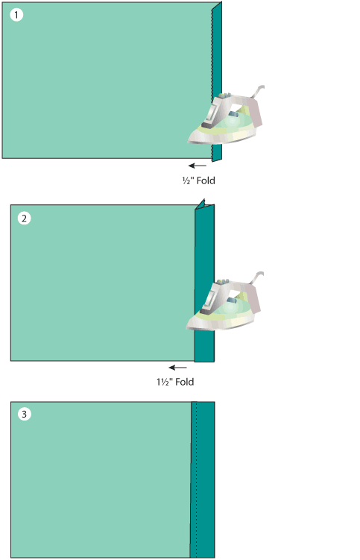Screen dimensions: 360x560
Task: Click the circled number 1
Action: click(x=16, y=15)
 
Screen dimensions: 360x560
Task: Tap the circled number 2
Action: click(x=25, y=218)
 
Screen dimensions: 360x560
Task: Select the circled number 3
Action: click(x=25, y=415)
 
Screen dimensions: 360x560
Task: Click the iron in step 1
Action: click(x=226, y=116)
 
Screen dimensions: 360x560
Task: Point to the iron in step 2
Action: click(x=224, y=302)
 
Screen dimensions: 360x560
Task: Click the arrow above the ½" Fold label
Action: click(x=198, y=166)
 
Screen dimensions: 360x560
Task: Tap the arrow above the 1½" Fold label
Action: click(x=178, y=368)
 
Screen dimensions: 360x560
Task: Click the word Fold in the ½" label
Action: click(x=206, y=180)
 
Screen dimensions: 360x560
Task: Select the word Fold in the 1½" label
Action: click(x=185, y=382)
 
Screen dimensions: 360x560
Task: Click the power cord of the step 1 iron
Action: click(x=258, y=91)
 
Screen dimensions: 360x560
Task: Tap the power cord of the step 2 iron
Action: click(x=257, y=277)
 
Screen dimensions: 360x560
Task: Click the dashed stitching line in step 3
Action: click(x=197, y=479)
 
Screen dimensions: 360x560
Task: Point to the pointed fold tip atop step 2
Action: click(x=203, y=200)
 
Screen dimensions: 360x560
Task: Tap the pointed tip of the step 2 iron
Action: click(x=187, y=327)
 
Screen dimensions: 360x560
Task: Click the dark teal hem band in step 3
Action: click(x=203, y=479)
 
